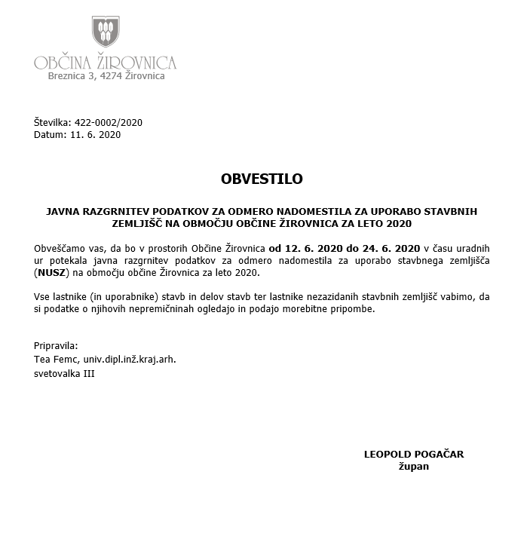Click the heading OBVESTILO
click(x=262, y=179)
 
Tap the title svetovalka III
click(x=65, y=373)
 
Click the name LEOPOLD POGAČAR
click(x=414, y=454)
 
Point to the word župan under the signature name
click(x=414, y=467)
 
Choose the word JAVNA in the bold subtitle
click(x=62, y=212)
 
